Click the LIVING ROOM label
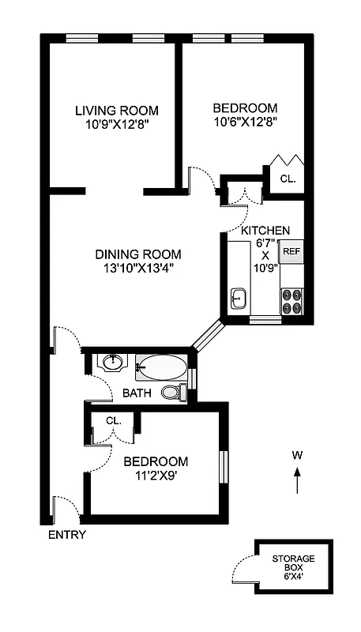point(116,110)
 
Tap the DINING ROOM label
point(138,254)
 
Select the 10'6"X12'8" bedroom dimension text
point(245,122)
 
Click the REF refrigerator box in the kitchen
point(291,252)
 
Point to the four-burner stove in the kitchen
point(291,302)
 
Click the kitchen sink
point(239,299)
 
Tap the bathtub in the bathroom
point(161,367)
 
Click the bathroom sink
point(113,363)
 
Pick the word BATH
point(136,393)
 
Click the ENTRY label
point(67,535)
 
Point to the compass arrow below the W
point(297,480)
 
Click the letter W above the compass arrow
point(297,454)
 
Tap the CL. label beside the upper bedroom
point(288,179)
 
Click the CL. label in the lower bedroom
point(113,420)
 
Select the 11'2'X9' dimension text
point(155,476)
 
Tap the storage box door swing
point(242,570)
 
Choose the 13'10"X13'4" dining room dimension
point(138,268)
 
